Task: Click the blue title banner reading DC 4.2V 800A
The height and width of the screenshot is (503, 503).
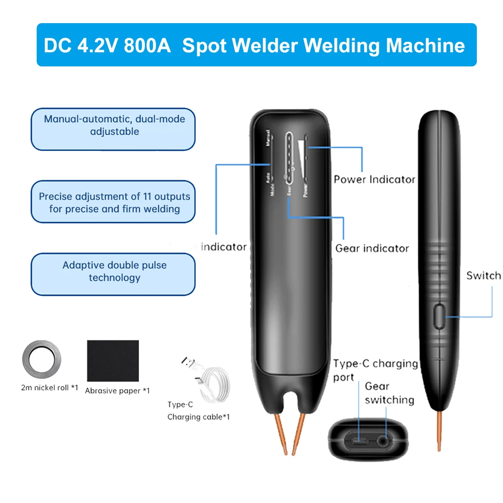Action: coord(257,45)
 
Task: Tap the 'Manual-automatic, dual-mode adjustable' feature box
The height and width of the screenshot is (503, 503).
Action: coord(113,129)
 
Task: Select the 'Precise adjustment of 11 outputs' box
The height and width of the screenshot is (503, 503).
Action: coord(113,202)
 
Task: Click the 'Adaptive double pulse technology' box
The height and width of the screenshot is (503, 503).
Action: coord(113,274)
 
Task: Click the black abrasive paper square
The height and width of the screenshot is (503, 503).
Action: coord(113,360)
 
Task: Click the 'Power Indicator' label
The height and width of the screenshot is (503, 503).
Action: coord(374,180)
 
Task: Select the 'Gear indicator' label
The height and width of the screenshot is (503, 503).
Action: coord(372,248)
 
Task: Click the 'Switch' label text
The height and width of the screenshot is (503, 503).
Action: coord(483,276)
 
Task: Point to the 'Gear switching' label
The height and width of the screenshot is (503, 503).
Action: coord(389,393)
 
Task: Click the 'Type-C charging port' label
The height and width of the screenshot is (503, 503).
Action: coord(375,370)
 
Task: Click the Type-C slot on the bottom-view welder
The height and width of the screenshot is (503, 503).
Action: coord(359,441)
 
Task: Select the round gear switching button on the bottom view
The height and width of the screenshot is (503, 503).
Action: coord(386,441)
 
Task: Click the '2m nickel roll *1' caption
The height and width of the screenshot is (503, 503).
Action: coord(49,388)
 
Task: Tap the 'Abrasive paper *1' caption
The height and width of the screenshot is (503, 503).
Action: coord(117,390)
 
